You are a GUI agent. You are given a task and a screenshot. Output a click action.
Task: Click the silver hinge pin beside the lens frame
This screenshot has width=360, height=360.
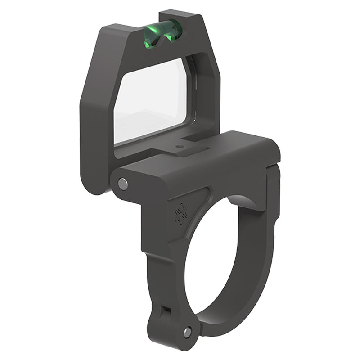coord(122,183)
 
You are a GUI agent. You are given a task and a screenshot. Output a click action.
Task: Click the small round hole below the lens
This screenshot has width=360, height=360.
coord(180,146)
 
